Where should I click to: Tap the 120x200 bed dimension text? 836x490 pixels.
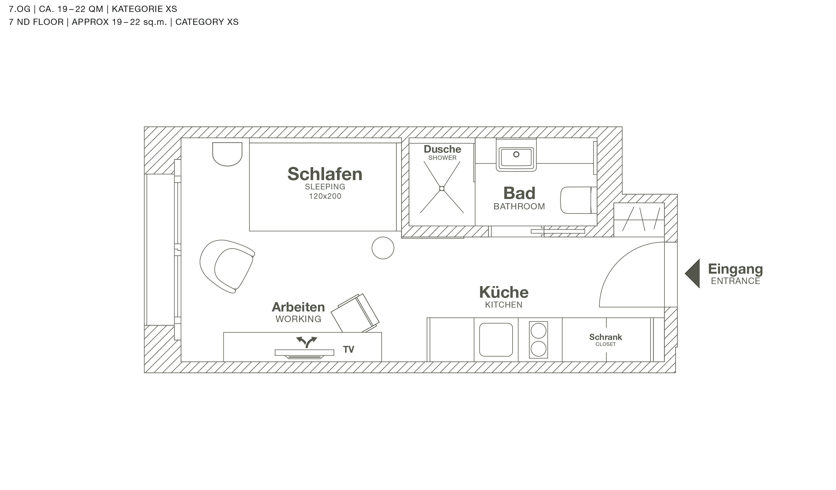(325, 196)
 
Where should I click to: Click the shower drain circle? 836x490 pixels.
(442, 189)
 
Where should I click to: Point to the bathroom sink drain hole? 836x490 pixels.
(516, 154)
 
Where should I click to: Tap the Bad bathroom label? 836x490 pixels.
(519, 193)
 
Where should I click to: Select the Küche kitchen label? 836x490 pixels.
(504, 293)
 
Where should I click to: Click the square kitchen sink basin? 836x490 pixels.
(496, 340)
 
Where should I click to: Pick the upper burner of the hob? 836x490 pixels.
(538, 331)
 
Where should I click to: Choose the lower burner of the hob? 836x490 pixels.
(538, 349)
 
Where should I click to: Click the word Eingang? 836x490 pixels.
(736, 269)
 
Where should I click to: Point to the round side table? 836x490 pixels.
(383, 248)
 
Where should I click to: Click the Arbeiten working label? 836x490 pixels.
(298, 307)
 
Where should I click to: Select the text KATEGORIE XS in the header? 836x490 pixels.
(144, 9)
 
